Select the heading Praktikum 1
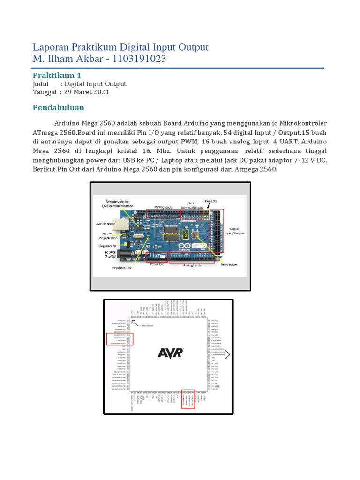(x=57, y=75)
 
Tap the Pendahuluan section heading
(x=58, y=108)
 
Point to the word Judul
(x=41, y=84)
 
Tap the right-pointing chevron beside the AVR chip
(x=228, y=355)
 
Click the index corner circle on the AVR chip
(x=135, y=322)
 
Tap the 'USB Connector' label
(x=105, y=224)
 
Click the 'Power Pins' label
(x=157, y=264)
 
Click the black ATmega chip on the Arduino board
(x=171, y=231)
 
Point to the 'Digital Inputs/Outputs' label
(x=235, y=230)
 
